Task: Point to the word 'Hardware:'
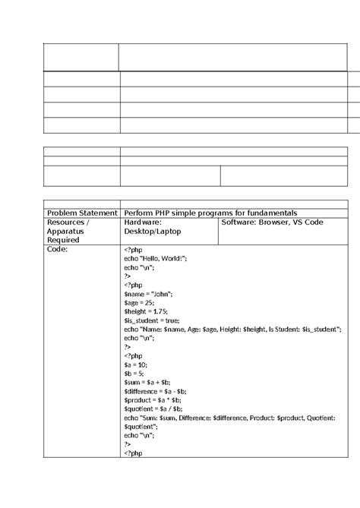click(143, 222)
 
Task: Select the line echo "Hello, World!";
click(155, 257)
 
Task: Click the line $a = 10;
click(137, 364)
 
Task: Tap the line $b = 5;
click(134, 374)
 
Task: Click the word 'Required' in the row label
click(64, 240)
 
